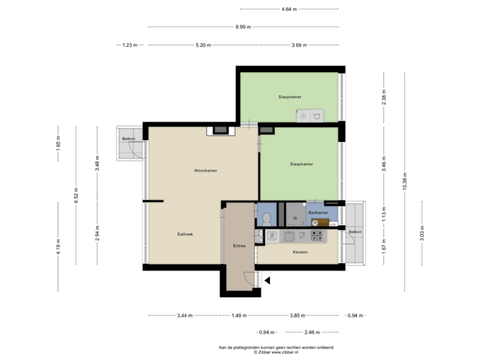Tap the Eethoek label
click(185, 234)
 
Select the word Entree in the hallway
click(239, 246)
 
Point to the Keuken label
click(300, 252)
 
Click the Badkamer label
click(318, 213)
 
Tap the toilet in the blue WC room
click(266, 217)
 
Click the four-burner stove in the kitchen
click(317, 235)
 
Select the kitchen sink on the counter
click(289, 235)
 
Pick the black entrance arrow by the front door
click(267, 280)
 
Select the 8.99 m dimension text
click(243, 27)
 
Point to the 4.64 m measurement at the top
click(289, 9)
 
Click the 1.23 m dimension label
click(129, 45)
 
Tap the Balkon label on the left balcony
click(128, 139)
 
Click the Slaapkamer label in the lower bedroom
click(301, 163)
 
